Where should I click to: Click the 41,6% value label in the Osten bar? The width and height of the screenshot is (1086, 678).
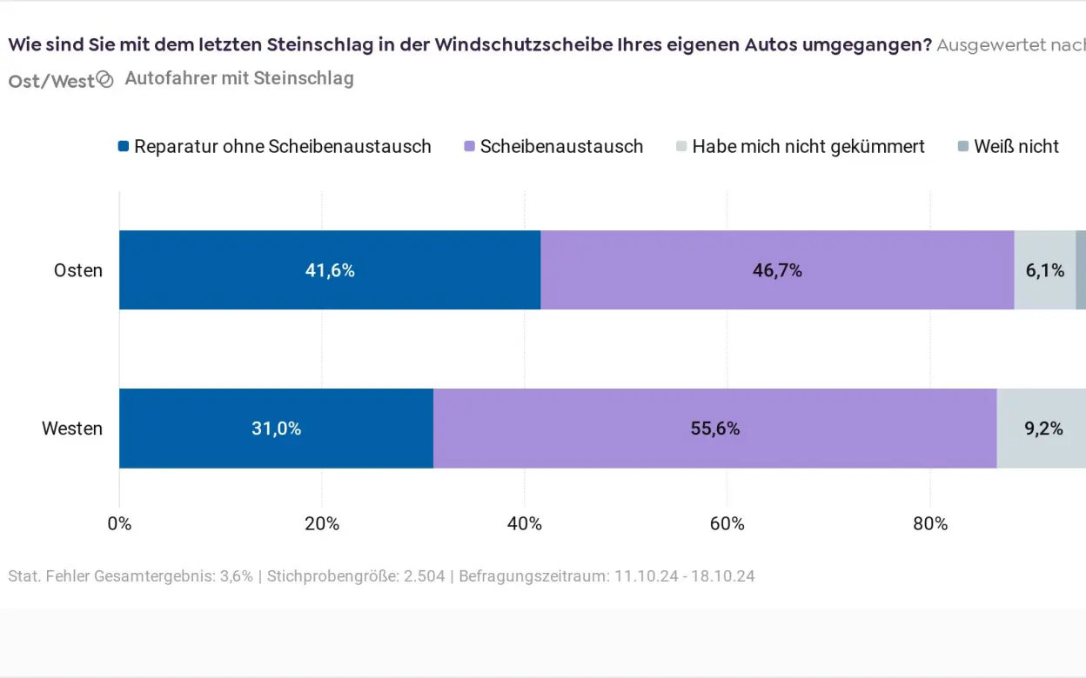pyautogui.click(x=330, y=270)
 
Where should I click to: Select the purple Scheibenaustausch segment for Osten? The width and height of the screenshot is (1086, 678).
pyautogui.click(x=777, y=270)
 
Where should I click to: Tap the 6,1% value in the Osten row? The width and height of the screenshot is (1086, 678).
pyautogui.click(x=1044, y=270)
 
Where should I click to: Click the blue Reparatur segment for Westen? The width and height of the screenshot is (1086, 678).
pyautogui.click(x=276, y=429)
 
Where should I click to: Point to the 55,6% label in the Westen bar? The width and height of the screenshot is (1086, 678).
pyautogui.click(x=714, y=429)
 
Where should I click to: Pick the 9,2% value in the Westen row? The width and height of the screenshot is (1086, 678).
pyautogui.click(x=1043, y=429)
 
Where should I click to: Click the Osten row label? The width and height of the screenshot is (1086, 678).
pyautogui.click(x=78, y=270)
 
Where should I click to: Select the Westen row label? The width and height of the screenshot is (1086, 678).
pyautogui.click(x=72, y=429)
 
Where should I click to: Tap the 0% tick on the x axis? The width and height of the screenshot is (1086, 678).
pyautogui.click(x=119, y=524)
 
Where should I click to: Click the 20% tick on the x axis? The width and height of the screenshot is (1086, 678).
pyautogui.click(x=322, y=524)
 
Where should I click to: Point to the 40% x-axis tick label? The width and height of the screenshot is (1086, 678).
pyautogui.click(x=525, y=524)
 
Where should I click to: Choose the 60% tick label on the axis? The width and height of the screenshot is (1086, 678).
pyautogui.click(x=727, y=524)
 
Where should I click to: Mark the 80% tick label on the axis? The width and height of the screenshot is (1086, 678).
pyautogui.click(x=930, y=524)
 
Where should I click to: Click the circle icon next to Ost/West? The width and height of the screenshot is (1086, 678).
pyautogui.click(x=105, y=80)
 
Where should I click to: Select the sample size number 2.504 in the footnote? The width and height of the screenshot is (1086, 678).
pyautogui.click(x=424, y=576)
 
